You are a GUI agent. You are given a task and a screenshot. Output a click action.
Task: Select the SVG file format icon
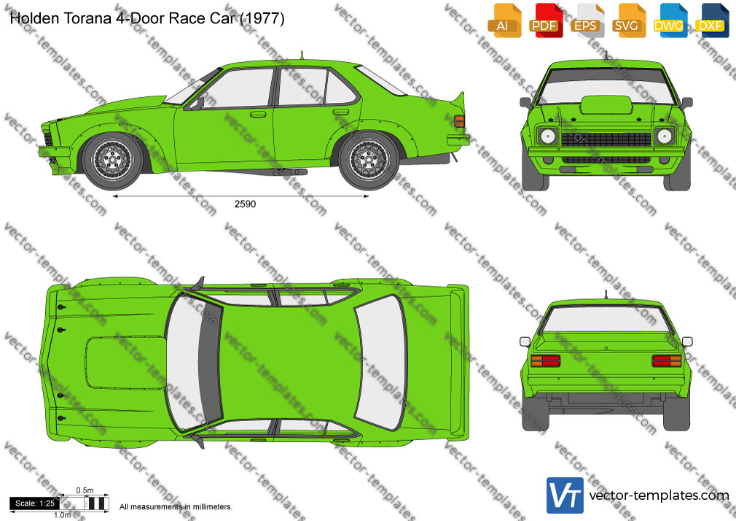click(x=628, y=20)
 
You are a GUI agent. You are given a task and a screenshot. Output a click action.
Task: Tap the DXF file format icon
click(x=712, y=20)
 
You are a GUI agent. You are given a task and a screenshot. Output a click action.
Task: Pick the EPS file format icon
click(x=587, y=20)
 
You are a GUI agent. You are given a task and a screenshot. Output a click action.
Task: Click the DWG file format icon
click(x=670, y=20)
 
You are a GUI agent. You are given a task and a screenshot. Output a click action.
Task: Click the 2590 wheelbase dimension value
click(x=245, y=204)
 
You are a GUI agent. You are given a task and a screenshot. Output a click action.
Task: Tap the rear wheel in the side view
click(x=369, y=161)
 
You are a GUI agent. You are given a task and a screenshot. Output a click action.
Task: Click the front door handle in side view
click(x=258, y=115)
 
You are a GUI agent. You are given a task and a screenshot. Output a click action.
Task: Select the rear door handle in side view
click(x=341, y=112)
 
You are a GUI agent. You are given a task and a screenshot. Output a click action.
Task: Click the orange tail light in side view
click(x=460, y=121)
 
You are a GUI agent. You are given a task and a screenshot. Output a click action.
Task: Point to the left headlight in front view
click(x=548, y=136)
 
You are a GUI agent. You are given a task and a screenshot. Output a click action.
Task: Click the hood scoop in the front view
click(x=606, y=104)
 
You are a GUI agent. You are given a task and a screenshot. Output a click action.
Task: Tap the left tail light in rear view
click(x=545, y=360)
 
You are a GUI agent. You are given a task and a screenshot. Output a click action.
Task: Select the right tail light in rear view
click(x=667, y=360)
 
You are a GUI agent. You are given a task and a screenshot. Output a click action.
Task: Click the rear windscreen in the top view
click(x=380, y=363)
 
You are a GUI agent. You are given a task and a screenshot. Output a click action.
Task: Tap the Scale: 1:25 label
click(x=35, y=503)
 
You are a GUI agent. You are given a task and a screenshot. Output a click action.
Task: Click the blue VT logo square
click(x=565, y=495)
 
